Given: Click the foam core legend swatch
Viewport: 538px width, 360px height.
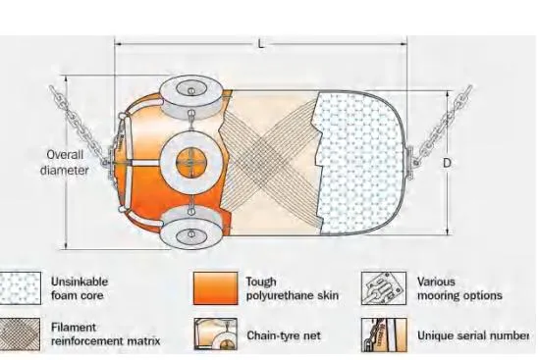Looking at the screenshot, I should click(x=23, y=287).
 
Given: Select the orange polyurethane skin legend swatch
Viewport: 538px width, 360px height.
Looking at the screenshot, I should click(x=217, y=287).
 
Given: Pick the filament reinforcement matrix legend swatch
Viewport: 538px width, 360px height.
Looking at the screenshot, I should click(x=23, y=334).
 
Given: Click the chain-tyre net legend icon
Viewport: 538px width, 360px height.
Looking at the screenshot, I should click(x=217, y=334).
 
